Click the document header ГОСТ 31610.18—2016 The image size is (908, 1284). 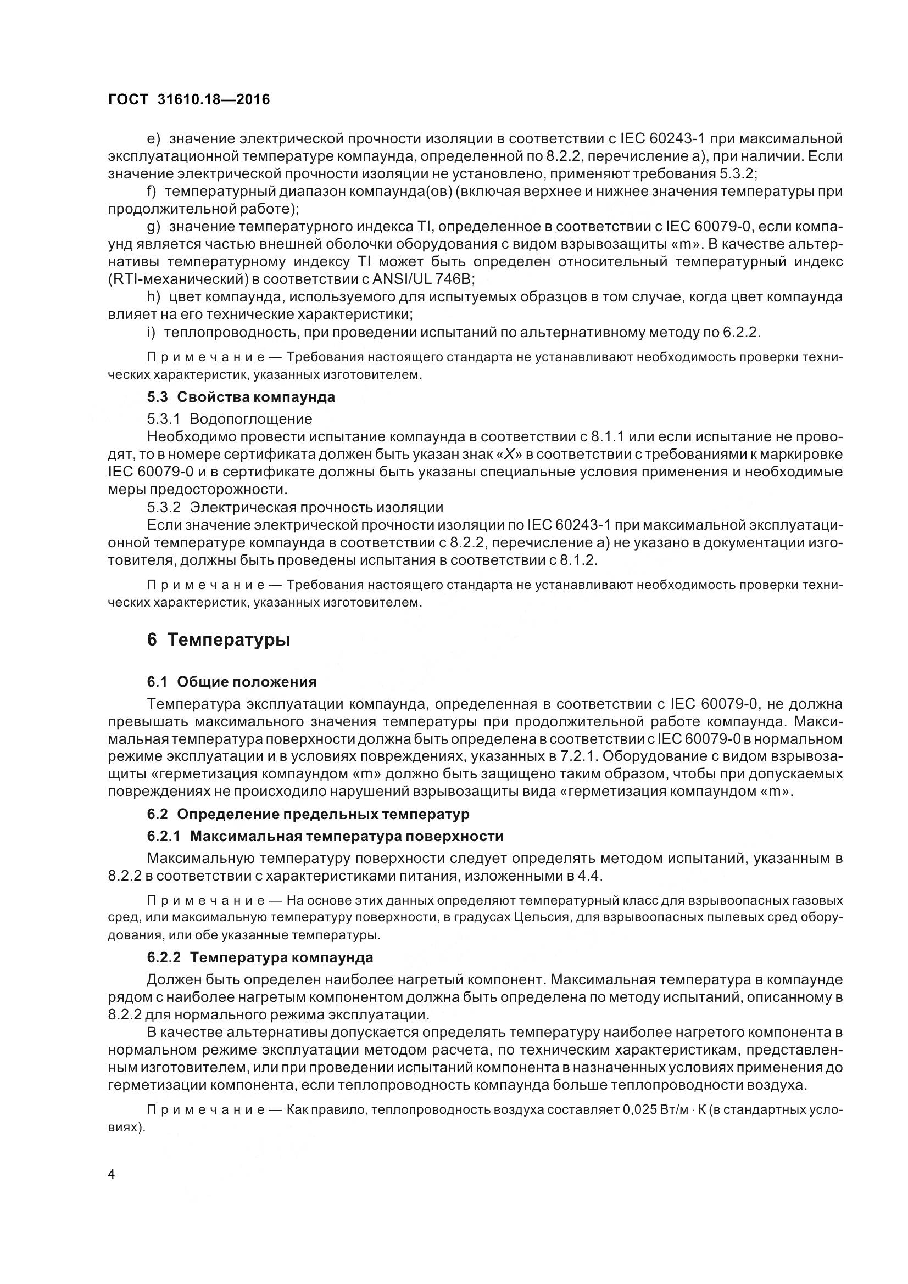188,99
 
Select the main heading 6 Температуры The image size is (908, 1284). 218,640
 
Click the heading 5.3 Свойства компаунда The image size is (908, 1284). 241,397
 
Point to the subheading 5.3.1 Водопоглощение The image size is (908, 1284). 230,418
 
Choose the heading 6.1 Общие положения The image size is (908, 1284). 232,682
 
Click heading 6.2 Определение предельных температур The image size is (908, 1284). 308,814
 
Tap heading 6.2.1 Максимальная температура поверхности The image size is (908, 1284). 325,836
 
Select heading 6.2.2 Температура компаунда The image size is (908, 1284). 260,957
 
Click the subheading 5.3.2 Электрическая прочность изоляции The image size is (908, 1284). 295,507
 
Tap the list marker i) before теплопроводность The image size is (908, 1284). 151,333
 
